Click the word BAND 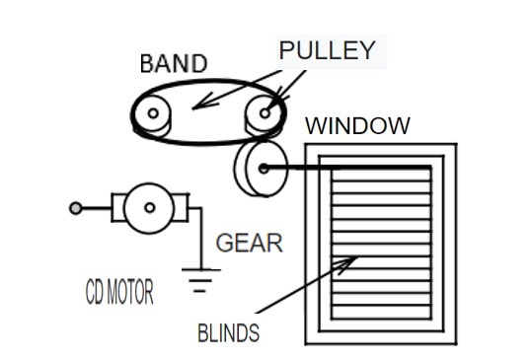click(174, 64)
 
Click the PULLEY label click(327, 50)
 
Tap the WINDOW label click(357, 126)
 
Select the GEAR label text click(249, 244)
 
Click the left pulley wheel click(153, 114)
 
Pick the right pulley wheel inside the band click(264, 113)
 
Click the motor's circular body click(149, 207)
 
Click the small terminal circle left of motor click(75, 208)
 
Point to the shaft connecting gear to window click(345, 169)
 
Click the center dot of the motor click(149, 207)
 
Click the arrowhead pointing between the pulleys click(196, 106)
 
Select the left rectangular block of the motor click(117, 207)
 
